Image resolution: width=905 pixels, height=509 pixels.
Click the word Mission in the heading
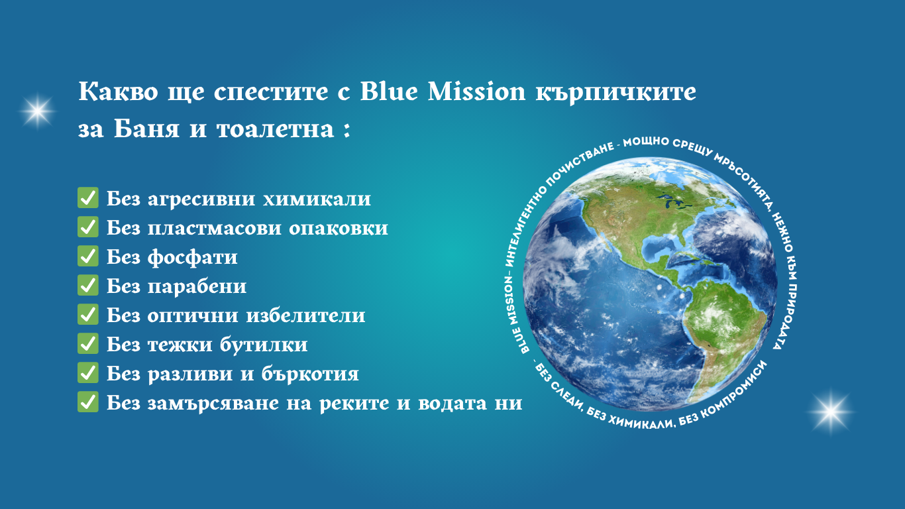tap(477, 91)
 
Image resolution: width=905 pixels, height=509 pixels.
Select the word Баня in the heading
tap(146, 129)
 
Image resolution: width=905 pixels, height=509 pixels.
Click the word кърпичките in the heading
tap(616, 93)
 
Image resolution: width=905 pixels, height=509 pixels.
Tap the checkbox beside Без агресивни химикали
tap(88, 198)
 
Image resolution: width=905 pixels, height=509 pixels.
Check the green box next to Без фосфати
tap(88, 256)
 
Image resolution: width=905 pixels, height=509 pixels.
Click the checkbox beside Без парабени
tap(88, 285)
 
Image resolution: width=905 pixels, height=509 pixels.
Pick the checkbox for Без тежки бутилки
tap(88, 344)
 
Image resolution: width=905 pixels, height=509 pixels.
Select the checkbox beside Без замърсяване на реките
tap(88, 402)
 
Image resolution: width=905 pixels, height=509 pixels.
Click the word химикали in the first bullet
tap(317, 199)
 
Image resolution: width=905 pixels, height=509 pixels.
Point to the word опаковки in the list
tap(339, 229)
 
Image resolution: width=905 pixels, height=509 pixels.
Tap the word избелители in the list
tap(306, 315)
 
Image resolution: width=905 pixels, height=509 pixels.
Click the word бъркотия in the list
tap(310, 374)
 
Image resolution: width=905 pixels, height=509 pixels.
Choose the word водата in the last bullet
tap(452, 403)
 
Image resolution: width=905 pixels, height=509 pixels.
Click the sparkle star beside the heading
tap(37, 111)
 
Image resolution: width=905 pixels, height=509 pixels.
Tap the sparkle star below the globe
tap(831, 412)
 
